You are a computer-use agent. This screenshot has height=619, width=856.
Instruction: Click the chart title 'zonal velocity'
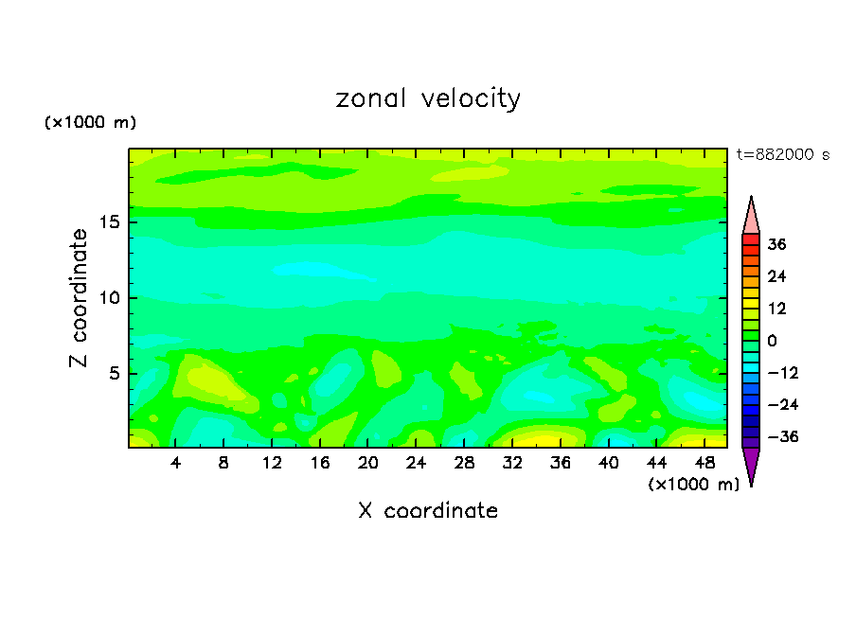click(428, 98)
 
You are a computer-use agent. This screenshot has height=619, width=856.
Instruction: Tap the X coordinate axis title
click(428, 511)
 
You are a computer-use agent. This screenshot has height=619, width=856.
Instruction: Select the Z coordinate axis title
click(80, 298)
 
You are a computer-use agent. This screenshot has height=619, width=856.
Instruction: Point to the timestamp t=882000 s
click(783, 155)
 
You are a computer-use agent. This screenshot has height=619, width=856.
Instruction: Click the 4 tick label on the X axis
click(176, 463)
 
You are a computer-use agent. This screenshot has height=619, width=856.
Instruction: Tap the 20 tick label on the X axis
click(368, 463)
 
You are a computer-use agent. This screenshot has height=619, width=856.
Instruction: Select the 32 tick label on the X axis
click(512, 463)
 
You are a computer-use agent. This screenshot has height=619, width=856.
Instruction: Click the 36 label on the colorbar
click(777, 244)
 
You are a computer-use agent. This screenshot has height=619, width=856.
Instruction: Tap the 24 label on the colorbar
click(777, 276)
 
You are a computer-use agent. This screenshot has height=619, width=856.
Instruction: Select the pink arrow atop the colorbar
click(751, 215)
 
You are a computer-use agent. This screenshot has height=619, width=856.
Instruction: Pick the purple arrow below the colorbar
click(751, 466)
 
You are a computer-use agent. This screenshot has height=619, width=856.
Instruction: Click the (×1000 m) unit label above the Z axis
click(91, 123)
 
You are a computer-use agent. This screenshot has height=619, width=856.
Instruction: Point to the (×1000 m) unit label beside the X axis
click(694, 484)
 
